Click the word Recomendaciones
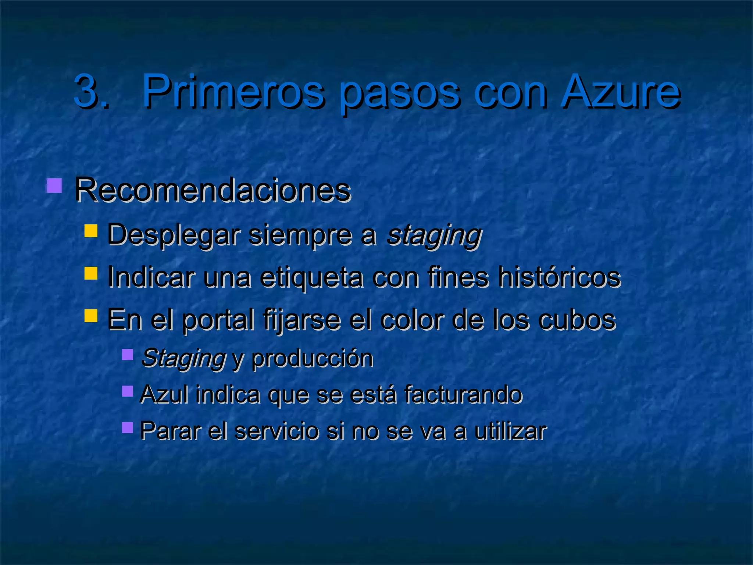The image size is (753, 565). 213,190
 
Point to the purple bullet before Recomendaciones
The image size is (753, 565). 54,186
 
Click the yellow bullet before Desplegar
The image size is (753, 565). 90,231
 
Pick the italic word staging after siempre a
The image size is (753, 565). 434,235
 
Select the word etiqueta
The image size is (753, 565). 311,277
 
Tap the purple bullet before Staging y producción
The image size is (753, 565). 127,355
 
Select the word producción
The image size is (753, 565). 312,359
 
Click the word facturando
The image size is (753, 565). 463,394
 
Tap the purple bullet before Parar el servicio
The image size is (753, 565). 127,427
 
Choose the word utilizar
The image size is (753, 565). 510,431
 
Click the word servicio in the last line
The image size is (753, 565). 276,431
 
